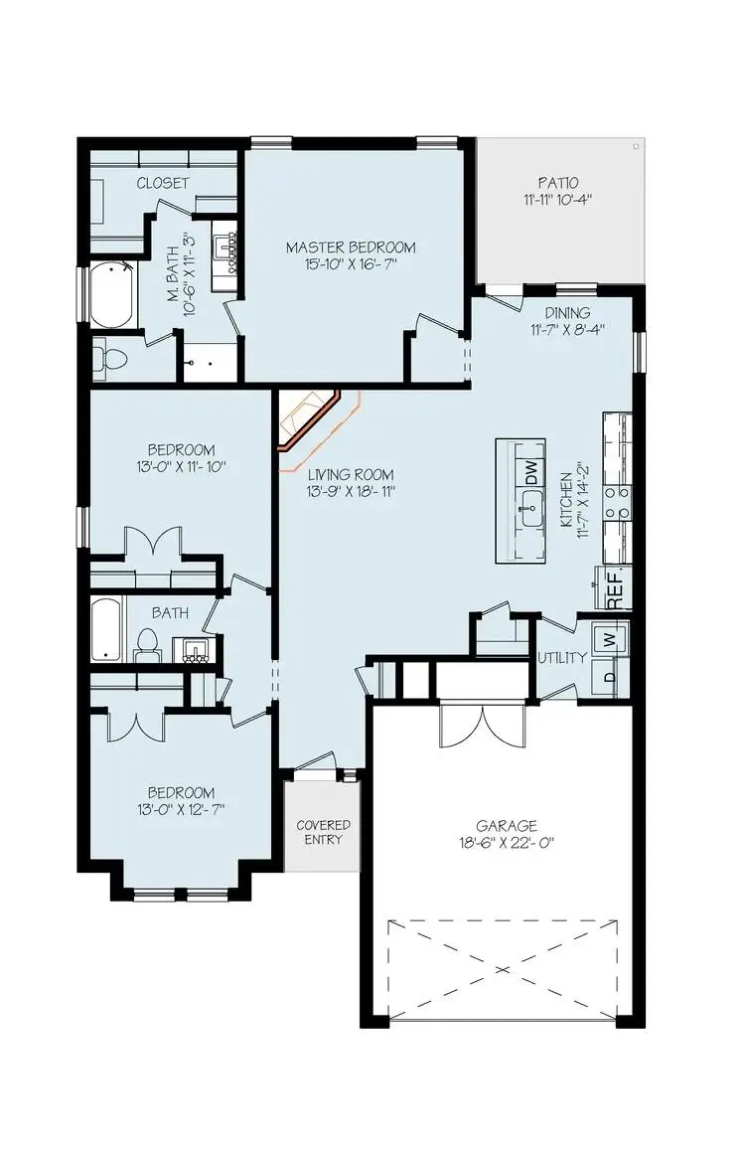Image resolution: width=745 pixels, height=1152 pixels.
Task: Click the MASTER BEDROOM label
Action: click(x=351, y=247)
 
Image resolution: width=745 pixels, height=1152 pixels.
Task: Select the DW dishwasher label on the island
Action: click(x=531, y=467)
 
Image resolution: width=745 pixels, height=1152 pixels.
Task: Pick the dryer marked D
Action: click(x=609, y=678)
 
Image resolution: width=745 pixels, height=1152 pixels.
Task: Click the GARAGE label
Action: click(x=506, y=825)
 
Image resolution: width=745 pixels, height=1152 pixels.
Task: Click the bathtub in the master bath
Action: click(x=111, y=294)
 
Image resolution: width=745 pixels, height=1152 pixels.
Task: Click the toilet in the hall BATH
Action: click(x=147, y=644)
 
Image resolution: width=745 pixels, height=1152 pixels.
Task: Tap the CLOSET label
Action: click(x=163, y=183)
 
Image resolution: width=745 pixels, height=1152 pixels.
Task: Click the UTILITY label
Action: click(x=561, y=658)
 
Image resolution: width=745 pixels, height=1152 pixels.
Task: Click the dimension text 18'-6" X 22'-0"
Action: click(x=506, y=843)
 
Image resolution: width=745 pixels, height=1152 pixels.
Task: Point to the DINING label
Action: click(x=567, y=314)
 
